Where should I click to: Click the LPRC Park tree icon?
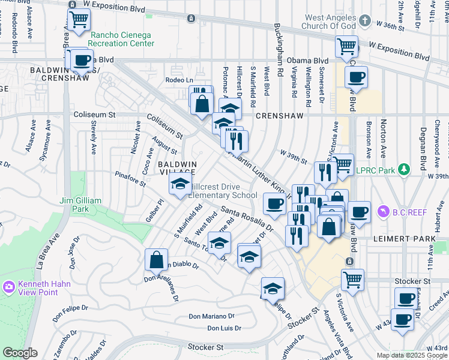[x=405, y=170]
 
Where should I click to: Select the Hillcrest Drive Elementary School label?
[x=223, y=191]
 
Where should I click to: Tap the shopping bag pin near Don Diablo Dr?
[x=156, y=260]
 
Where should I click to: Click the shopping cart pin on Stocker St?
[x=352, y=279]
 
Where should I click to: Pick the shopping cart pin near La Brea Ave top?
[x=79, y=20]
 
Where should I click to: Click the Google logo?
[x=20, y=353]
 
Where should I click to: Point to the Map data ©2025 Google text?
[x=412, y=355]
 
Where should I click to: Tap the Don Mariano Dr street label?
[x=214, y=316]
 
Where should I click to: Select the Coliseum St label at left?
[x=94, y=114]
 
